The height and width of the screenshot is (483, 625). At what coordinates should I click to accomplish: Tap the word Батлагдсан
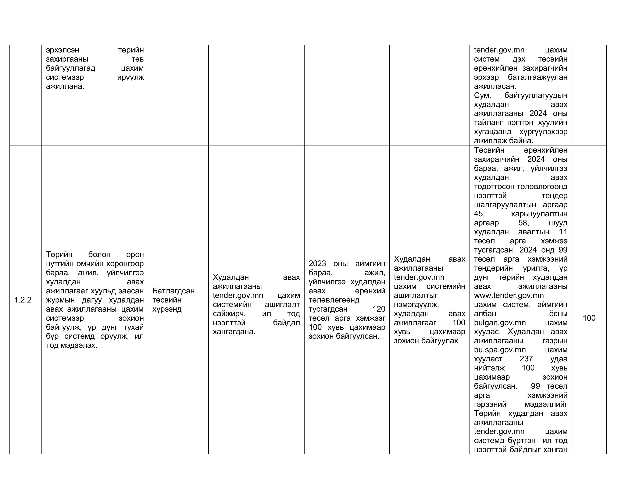coord(173,291)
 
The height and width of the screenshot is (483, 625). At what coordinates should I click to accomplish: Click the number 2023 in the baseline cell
coord(317,263)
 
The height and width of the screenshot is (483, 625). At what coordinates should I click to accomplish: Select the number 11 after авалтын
coord(563,232)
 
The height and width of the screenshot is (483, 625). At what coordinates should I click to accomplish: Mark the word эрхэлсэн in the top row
coord(62,50)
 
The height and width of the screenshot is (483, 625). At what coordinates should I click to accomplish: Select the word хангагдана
coord(234,332)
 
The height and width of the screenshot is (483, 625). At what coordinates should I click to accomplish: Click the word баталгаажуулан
coord(537,77)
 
